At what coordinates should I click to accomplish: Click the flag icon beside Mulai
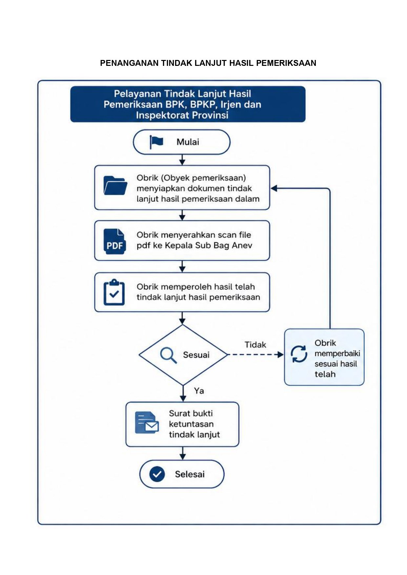[x=156, y=142]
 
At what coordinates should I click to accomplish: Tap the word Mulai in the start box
[x=188, y=142]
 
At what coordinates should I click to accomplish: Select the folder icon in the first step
[x=115, y=185]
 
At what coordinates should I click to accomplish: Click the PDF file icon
[x=114, y=241]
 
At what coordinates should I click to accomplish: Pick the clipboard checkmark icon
[x=114, y=292]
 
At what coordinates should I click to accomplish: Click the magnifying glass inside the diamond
[x=168, y=355]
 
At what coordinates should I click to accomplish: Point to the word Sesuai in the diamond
[x=196, y=355]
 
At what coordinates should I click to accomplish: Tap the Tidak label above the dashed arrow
[x=255, y=345]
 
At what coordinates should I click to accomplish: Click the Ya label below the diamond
[x=199, y=391]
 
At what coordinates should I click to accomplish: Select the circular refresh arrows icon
[x=299, y=354]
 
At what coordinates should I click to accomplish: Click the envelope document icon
[x=147, y=423]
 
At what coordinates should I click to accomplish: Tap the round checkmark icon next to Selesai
[x=157, y=474]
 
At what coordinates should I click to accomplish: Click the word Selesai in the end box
[x=190, y=474]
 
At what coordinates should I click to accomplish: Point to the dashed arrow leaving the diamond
[x=255, y=355]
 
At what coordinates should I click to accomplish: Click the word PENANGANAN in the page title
[x=130, y=63]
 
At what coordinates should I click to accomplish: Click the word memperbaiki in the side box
[x=337, y=354]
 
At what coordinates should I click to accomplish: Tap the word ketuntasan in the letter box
[x=191, y=424]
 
